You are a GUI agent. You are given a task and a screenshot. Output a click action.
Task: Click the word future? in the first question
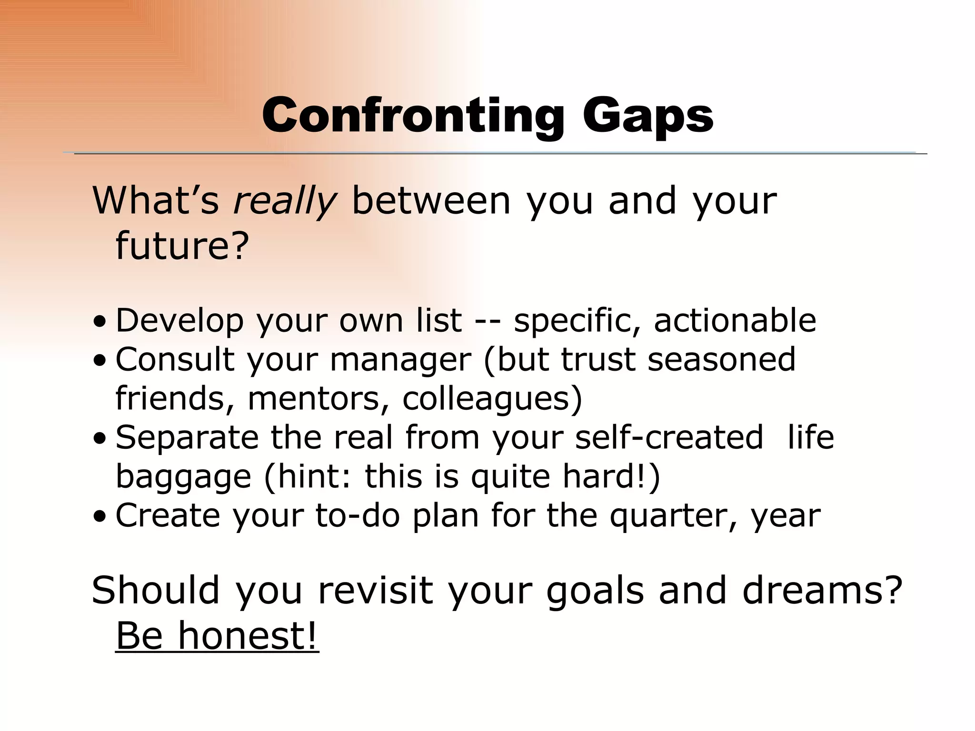[x=182, y=246]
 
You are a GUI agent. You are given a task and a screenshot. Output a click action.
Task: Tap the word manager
[x=400, y=360]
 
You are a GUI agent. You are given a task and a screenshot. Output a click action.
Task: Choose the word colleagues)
[x=492, y=398]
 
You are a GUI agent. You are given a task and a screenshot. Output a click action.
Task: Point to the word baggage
[x=183, y=477]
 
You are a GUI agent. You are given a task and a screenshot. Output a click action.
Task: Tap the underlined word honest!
[x=248, y=636]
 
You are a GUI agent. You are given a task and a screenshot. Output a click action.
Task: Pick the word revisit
[x=375, y=591]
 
